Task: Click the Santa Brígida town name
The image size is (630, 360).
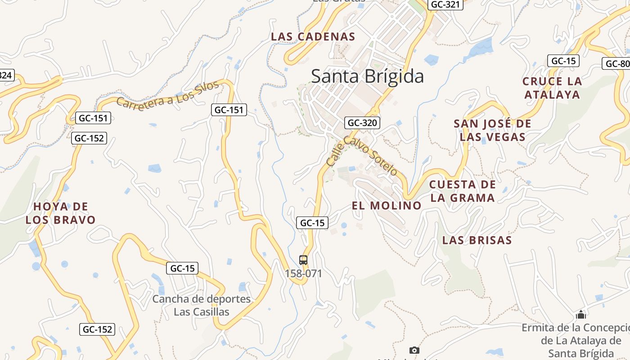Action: (367, 76)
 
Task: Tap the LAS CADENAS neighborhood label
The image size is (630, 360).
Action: (313, 37)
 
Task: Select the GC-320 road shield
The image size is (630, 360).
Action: (363, 122)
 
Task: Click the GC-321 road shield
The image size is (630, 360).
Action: (445, 4)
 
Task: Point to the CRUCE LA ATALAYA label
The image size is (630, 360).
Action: (552, 88)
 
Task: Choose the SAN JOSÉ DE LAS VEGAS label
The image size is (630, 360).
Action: (492, 130)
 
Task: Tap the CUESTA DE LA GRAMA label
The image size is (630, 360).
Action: (463, 191)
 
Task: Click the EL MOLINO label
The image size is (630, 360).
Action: (387, 206)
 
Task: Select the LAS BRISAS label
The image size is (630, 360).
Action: (477, 240)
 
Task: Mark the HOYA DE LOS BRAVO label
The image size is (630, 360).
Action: (61, 213)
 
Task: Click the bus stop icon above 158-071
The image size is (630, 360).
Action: (303, 260)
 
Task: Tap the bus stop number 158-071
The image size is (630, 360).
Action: (303, 273)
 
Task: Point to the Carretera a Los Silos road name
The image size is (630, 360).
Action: (167, 94)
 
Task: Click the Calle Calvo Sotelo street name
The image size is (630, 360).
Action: (362, 155)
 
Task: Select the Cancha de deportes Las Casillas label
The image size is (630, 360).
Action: (201, 305)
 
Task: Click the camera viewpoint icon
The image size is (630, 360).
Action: (414, 350)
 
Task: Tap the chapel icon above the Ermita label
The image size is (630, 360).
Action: (581, 315)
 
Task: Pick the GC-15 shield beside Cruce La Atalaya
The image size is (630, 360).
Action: (563, 61)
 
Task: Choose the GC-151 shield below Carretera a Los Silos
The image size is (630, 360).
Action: (229, 109)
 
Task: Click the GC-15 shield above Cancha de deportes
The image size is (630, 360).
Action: (182, 268)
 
